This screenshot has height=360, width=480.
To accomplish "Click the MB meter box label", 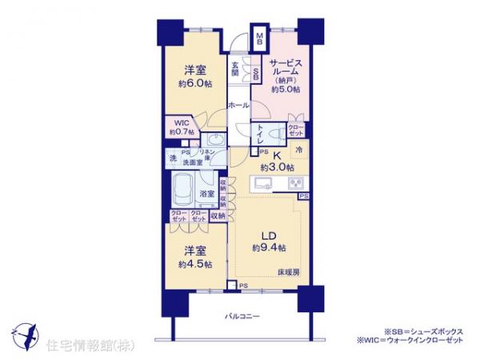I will point(259,37).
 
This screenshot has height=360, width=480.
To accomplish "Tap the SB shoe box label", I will point(255,74).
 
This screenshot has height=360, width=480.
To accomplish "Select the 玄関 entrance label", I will point(235,70).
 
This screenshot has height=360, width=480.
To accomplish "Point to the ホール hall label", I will point(237,105).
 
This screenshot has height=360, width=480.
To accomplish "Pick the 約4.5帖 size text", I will point(195,263).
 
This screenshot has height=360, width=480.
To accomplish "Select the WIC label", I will point(180,123).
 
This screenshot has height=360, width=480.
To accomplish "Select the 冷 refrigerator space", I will point(298,150).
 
